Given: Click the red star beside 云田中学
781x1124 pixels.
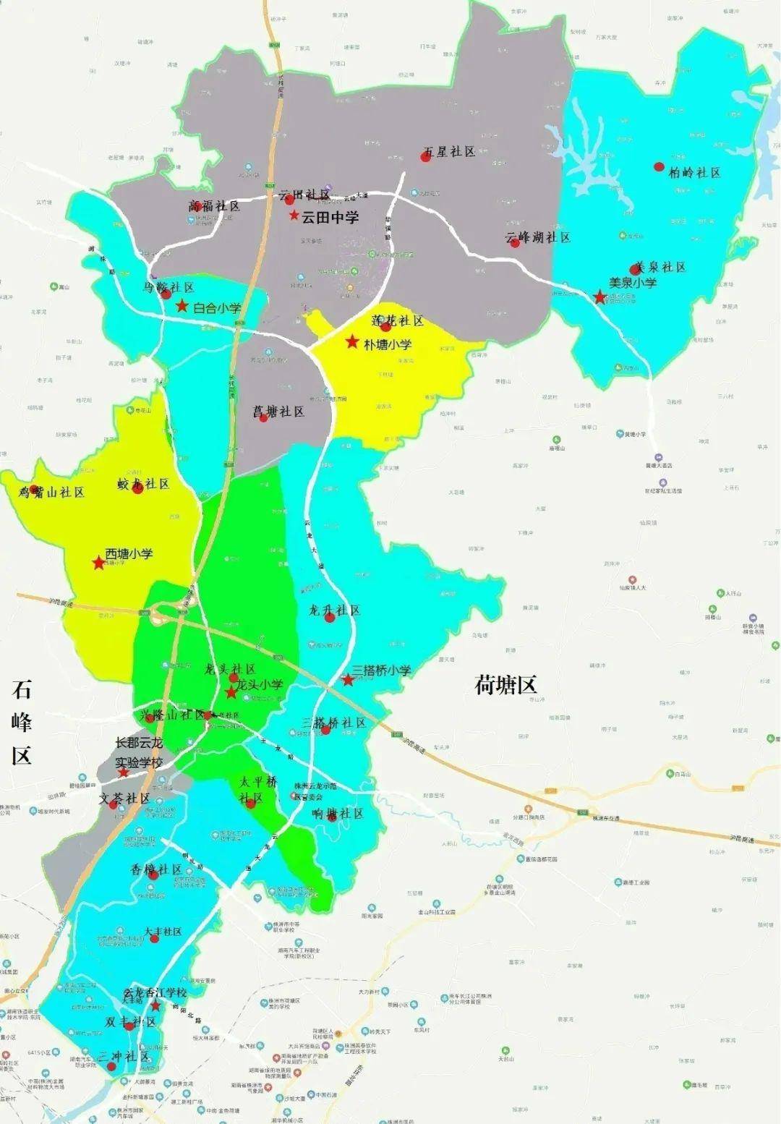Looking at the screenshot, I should tap(294, 216).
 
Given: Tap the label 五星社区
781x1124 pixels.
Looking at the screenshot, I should tap(449, 152).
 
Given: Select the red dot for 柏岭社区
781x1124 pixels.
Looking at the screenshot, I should tap(659, 167).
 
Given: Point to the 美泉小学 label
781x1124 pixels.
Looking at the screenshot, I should tap(633, 283).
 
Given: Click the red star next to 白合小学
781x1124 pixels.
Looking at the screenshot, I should tap(182, 307).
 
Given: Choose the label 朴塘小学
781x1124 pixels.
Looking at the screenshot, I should tap(388, 344).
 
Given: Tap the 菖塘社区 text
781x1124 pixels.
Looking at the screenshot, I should tap(279, 412).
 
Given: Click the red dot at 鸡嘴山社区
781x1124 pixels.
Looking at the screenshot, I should tap(33, 489).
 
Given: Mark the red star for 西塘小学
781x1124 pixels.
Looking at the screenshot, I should tap(98, 563).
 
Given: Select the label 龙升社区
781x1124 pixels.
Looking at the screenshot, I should tap(334, 610).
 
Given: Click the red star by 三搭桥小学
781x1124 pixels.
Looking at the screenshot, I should tap(348, 679).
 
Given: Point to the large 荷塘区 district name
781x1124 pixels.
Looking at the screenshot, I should tap(505, 684).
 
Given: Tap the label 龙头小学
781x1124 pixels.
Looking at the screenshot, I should tap(260, 684).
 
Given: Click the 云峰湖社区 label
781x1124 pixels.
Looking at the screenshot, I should tap(538, 237).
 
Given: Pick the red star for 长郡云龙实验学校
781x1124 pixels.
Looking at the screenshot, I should tap(124, 772).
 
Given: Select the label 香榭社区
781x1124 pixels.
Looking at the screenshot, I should tap(156, 869).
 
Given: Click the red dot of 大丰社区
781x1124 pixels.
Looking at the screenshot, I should tap(154, 938).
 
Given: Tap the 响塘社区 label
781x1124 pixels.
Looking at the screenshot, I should tap(338, 813).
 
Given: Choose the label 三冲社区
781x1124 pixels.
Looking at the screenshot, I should tap(124, 1057).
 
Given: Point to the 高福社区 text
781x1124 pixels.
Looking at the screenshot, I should tap(214, 206).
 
